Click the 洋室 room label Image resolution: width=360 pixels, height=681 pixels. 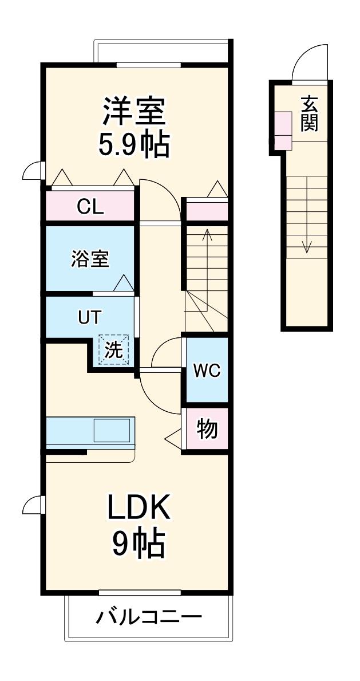click(134, 111)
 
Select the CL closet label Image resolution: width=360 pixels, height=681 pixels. click(90, 207)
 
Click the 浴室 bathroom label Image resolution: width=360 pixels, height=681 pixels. click(89, 258)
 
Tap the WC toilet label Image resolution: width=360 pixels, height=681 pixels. click(205, 371)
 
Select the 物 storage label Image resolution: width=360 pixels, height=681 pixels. click(207, 428)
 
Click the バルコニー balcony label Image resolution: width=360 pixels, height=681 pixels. click(148, 618)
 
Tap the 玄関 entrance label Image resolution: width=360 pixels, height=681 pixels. click(309, 113)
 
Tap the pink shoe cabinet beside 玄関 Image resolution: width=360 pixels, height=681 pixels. click(283, 131)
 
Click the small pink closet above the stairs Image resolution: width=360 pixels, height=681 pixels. click(205, 210)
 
